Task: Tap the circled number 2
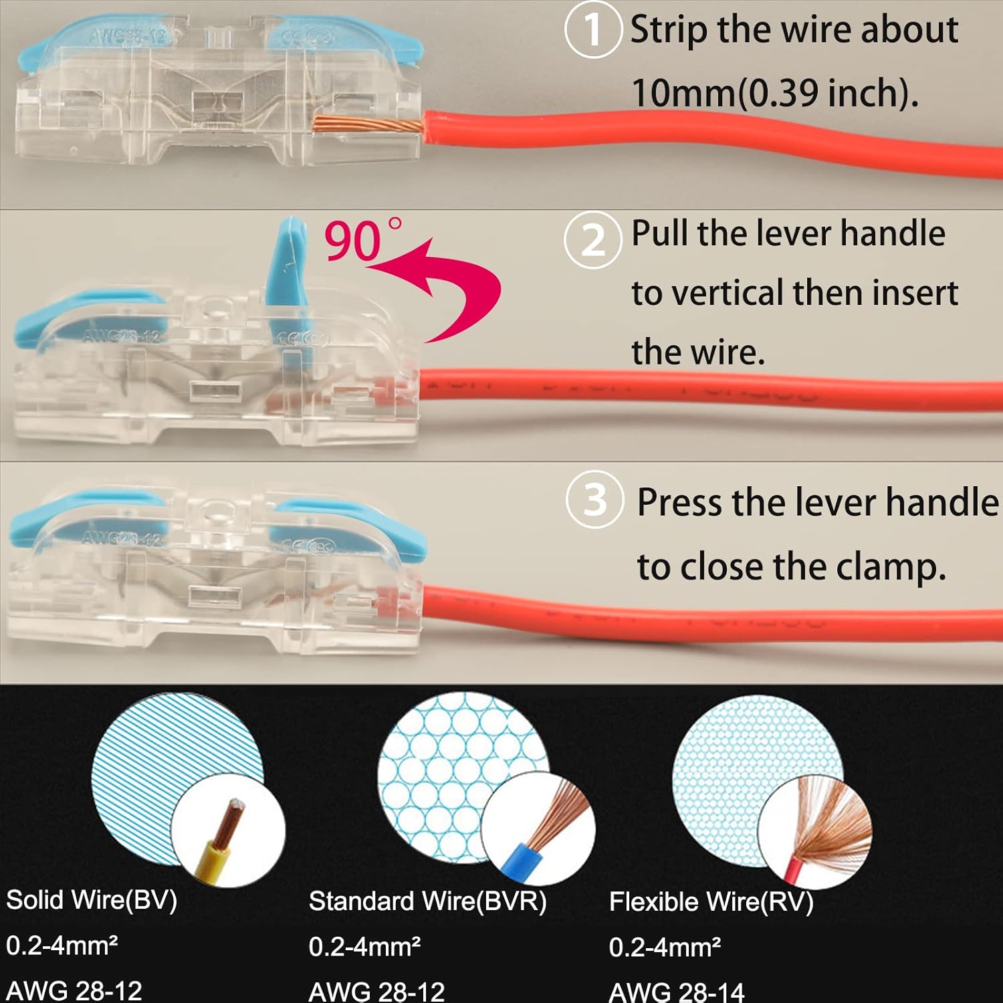coord(592,240)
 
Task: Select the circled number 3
coord(594,500)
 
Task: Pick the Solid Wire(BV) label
coord(92,900)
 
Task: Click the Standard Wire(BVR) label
coord(427,901)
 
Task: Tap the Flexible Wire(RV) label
coord(711,902)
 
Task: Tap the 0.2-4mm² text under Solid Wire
coord(62,945)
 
